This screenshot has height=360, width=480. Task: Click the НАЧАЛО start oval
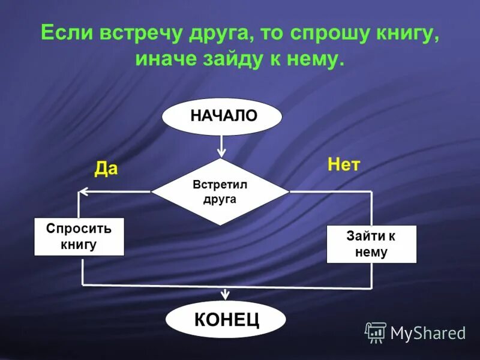222,116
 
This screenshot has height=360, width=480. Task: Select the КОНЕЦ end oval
226,319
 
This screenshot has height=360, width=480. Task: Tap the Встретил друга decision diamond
220,192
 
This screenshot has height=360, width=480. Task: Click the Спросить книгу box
79,236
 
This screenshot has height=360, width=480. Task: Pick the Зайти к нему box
371,244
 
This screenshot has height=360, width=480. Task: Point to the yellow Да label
106,169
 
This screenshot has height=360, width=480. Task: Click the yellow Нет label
343,165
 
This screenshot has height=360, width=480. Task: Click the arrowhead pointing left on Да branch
84,192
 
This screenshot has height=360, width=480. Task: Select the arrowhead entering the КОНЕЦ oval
226,295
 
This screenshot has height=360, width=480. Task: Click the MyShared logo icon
376,332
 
